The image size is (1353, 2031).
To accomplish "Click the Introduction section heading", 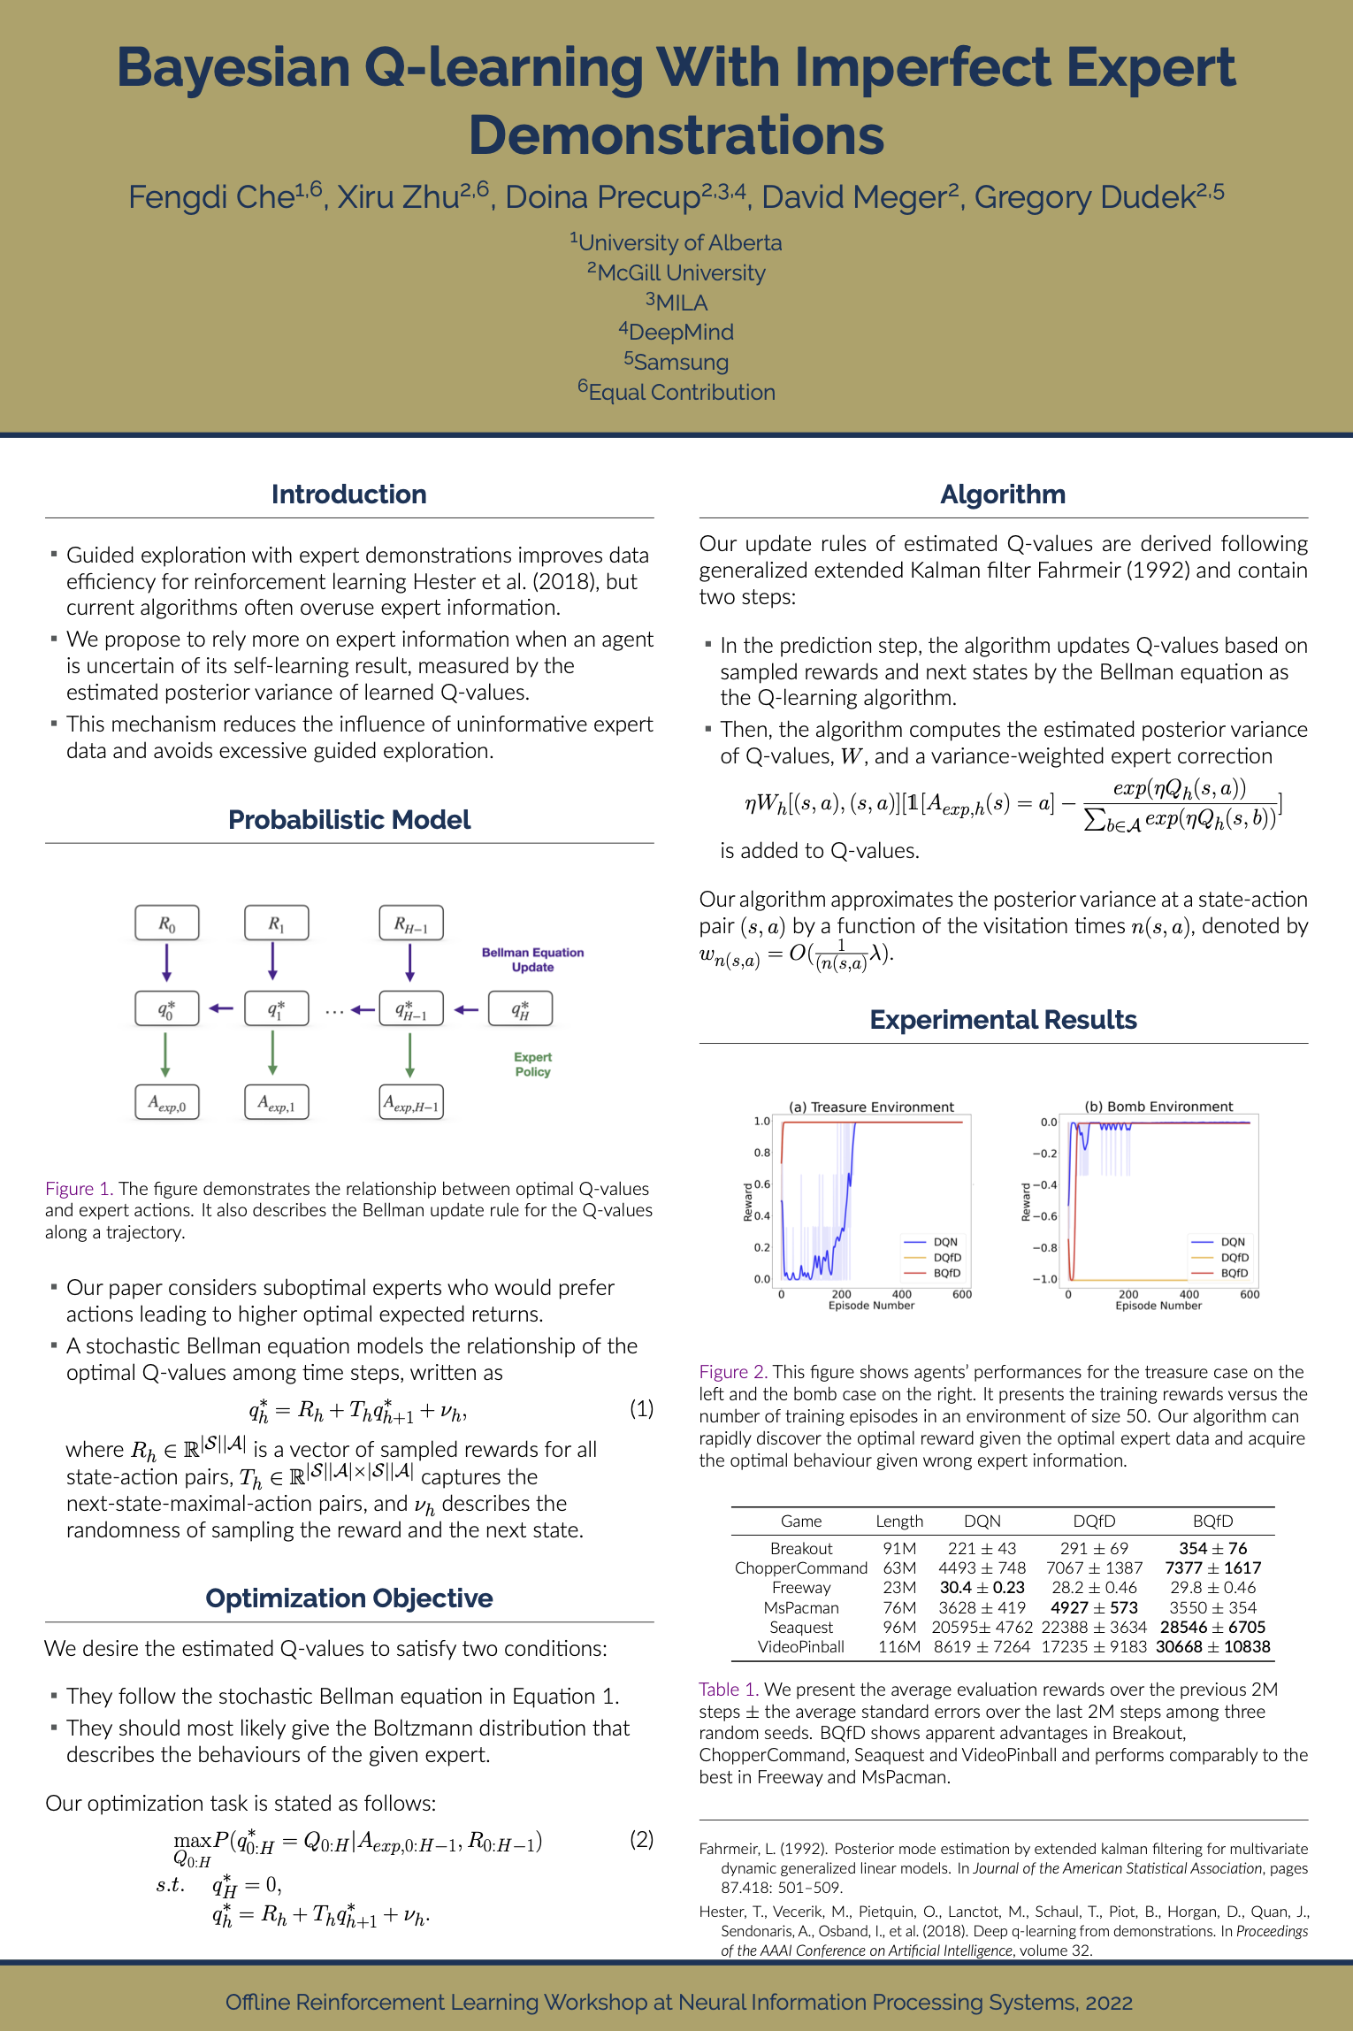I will tap(348, 494).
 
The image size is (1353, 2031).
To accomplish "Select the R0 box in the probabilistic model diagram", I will tap(166, 924).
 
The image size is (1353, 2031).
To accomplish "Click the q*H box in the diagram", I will tap(520, 1009).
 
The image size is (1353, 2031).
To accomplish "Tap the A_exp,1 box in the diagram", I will tap(276, 1103).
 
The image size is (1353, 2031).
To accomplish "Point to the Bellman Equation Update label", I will tap(532, 960).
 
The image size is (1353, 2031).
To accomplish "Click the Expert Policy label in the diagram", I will tap(532, 1064).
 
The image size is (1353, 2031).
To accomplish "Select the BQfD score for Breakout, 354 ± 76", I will tap(1212, 1549).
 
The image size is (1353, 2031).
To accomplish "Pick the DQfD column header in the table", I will tap(1094, 1521).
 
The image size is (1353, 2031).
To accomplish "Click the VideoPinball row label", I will tap(800, 1647).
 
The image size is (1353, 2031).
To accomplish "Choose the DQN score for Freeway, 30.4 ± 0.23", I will tap(982, 1588).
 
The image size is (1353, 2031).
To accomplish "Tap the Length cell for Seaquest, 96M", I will tap(898, 1628).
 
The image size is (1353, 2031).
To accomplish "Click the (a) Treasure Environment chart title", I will tap(871, 1107).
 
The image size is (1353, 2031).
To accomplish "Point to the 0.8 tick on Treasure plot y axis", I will tap(761, 1153).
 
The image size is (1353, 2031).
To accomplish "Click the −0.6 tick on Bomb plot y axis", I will tap(1044, 1216).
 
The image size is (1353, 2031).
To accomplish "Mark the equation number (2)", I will tap(641, 1840).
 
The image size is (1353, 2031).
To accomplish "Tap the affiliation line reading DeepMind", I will tap(676, 333).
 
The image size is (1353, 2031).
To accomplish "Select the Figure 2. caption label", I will tap(732, 1372).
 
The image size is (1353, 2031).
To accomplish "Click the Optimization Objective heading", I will tap(348, 1598).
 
